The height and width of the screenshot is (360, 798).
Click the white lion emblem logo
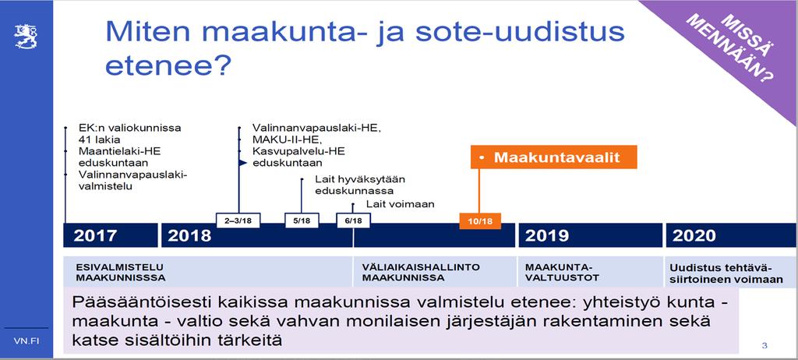pyautogui.click(x=26, y=37)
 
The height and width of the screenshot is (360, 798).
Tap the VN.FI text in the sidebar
pyautogui.click(x=26, y=341)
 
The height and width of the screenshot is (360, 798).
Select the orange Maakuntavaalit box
pyautogui.click(x=554, y=157)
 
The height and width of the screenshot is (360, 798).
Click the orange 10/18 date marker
pyautogui.click(x=480, y=221)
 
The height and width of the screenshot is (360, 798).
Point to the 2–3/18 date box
pyautogui.click(x=238, y=221)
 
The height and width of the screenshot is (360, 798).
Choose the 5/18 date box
pyautogui.click(x=302, y=221)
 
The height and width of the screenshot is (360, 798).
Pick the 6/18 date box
pyautogui.click(x=353, y=221)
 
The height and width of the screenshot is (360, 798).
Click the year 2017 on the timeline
pyautogui.click(x=95, y=236)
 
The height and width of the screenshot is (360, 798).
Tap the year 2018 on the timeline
pyautogui.click(x=189, y=236)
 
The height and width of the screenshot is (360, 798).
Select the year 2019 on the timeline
pyautogui.click(x=547, y=236)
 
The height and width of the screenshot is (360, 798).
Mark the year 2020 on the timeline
pyautogui.click(x=694, y=236)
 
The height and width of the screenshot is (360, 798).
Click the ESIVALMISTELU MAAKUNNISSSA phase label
pyautogui.click(x=121, y=273)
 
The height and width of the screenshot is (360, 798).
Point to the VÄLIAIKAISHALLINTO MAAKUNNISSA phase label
pyautogui.click(x=421, y=273)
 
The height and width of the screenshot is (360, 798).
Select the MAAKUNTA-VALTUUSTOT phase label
pyautogui.click(x=563, y=273)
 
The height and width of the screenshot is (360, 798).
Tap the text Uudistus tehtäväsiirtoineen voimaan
pyautogui.click(x=726, y=274)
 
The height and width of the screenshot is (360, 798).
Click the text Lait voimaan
pyautogui.click(x=400, y=204)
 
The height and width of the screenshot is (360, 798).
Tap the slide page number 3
pyautogui.click(x=764, y=346)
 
